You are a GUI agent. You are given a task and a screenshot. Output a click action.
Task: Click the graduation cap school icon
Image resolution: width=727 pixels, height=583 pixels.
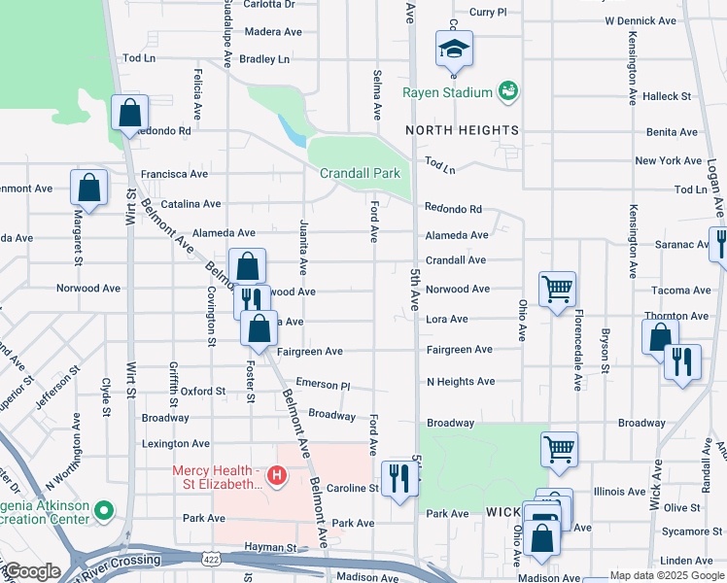point(454,48)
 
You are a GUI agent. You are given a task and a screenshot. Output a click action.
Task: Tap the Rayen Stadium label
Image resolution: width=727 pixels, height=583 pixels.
point(448,93)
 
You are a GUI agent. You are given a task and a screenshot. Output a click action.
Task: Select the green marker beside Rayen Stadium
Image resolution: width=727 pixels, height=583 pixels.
point(506,92)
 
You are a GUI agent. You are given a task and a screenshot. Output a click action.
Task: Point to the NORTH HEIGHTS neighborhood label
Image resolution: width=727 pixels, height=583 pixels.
point(462,130)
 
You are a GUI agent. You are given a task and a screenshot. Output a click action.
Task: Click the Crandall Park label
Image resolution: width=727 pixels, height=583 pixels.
point(360,173)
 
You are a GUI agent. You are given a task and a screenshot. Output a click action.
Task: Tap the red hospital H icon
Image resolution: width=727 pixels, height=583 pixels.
point(277,476)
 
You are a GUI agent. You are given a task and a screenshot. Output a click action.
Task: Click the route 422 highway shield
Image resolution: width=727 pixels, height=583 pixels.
point(211,560)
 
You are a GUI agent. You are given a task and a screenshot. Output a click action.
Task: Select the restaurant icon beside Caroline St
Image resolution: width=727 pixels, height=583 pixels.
point(398,478)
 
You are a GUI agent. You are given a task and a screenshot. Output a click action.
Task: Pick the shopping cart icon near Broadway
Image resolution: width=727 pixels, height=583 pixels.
point(559,449)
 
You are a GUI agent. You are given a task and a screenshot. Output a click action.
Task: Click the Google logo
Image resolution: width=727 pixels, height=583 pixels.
point(31,571)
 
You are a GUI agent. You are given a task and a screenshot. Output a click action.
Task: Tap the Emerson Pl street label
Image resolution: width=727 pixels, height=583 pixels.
point(322,385)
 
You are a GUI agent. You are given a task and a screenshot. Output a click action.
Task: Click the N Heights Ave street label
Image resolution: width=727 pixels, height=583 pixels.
point(461,382)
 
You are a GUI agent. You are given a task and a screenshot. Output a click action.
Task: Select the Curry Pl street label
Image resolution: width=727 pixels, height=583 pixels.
point(488,12)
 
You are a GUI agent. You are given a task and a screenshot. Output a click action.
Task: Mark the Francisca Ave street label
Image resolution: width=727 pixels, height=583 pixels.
point(174,175)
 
